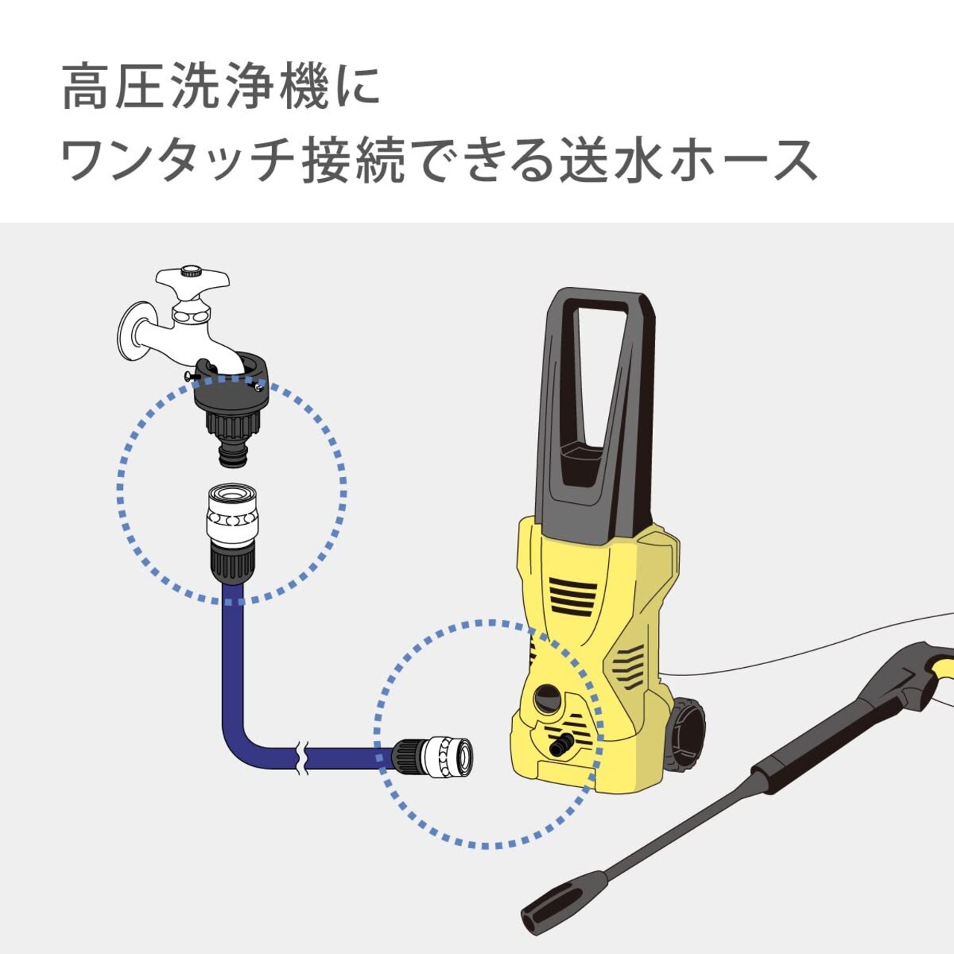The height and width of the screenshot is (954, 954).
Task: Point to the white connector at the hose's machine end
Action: pyautogui.click(x=449, y=757)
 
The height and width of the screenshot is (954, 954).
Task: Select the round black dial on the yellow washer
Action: pyautogui.click(x=548, y=698)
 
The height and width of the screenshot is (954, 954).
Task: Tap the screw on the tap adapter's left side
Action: pyautogui.click(x=191, y=376)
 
